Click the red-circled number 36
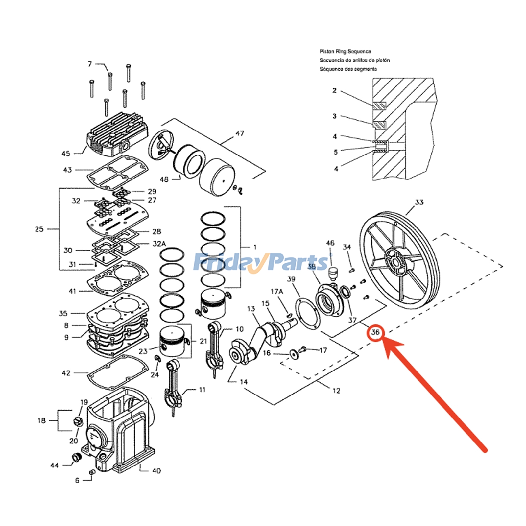click(375, 332)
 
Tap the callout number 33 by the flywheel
click(419, 202)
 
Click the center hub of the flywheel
click(396, 263)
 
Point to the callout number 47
click(240, 133)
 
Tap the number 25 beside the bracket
click(39, 229)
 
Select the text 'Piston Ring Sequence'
click(345, 51)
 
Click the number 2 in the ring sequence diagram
click(334, 90)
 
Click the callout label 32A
click(159, 244)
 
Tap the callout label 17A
click(276, 291)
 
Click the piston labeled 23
click(172, 344)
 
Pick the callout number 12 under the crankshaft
click(336, 391)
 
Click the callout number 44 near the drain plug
click(54, 465)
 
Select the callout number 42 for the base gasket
click(66, 373)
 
